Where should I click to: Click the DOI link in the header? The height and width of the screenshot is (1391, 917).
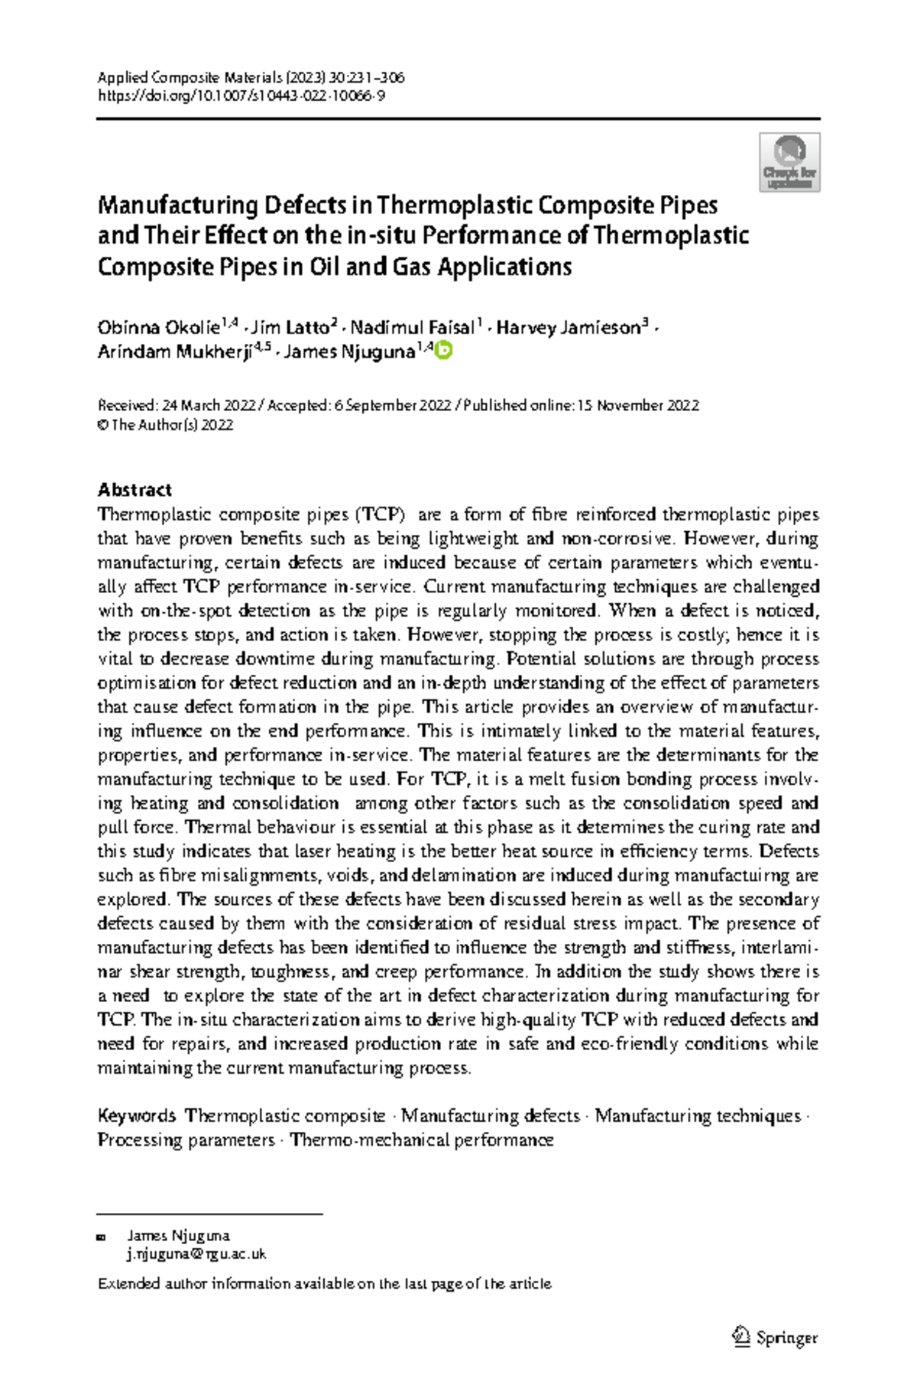point(241,96)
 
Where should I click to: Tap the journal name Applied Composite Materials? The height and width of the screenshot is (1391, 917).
point(190,77)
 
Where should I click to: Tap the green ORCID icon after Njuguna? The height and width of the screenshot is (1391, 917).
point(444,351)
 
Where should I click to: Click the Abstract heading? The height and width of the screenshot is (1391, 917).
point(134,490)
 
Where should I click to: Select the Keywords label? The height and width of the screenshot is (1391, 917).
point(137,1116)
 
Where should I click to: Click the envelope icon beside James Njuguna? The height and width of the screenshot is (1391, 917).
point(102,1237)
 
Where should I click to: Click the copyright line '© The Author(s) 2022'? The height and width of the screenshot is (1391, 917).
point(165,426)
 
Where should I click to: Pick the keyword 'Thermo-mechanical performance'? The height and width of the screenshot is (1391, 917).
point(422,1140)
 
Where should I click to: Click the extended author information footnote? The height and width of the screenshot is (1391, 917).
point(325,1284)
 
